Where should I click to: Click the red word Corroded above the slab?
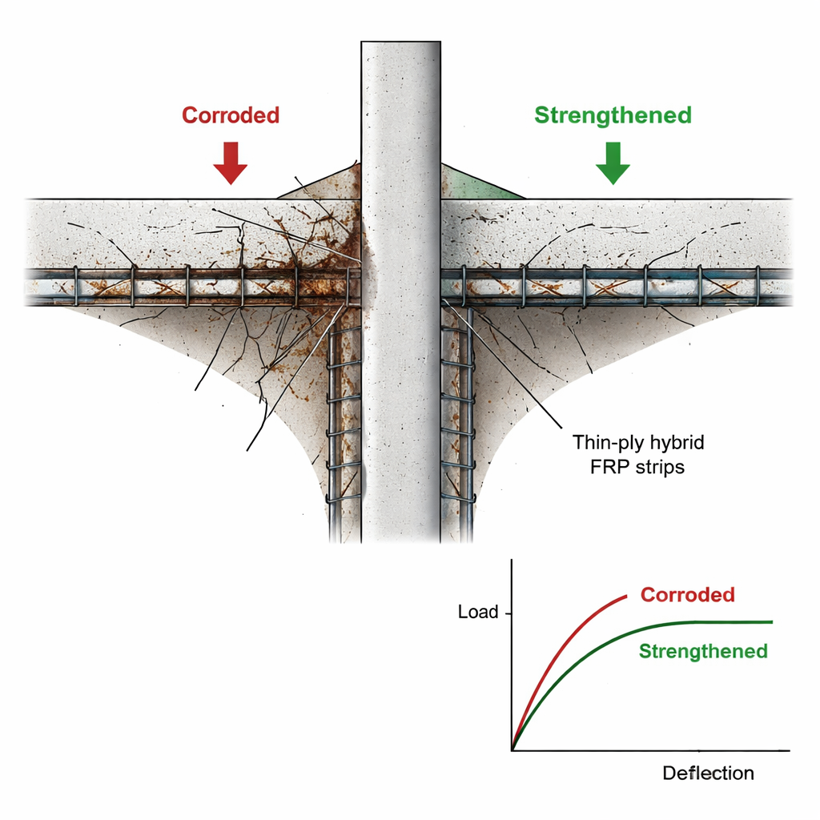pyautogui.click(x=231, y=115)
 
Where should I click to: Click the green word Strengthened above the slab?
pyautogui.click(x=613, y=115)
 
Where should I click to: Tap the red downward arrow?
pyautogui.click(x=230, y=163)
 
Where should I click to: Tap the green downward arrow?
pyautogui.click(x=613, y=163)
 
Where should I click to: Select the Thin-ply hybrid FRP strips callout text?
pyautogui.click(x=628, y=454)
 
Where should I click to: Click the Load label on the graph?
pyautogui.click(x=478, y=613)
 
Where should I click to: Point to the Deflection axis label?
pyautogui.click(x=708, y=774)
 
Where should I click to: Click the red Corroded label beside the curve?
pyautogui.click(x=687, y=595)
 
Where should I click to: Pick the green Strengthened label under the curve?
pyautogui.click(x=703, y=651)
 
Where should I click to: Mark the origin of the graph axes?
pyautogui.click(x=512, y=750)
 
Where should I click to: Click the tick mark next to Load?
pyautogui.click(x=508, y=613)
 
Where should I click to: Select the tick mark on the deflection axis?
pyautogui.click(x=699, y=750)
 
